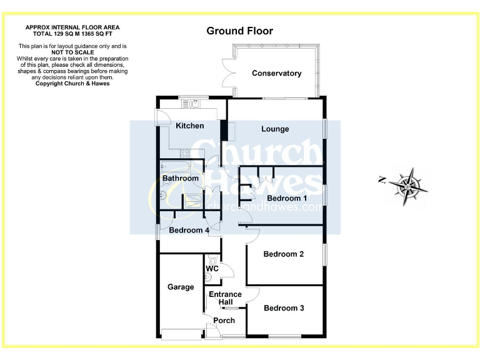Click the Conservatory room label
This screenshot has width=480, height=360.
point(276,74)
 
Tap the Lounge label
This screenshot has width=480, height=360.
point(275,129)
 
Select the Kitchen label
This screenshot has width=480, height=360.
point(189,126)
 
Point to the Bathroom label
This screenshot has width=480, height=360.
point(181,179)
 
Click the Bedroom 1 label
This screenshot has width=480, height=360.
point(287,199)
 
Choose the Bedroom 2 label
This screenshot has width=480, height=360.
point(284,254)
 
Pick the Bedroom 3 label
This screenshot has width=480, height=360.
point(284,308)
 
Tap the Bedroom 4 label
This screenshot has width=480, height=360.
point(189,230)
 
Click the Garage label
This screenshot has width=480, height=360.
point(181,287)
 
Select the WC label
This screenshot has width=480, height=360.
point(212,269)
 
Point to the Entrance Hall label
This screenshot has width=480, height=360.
point(225,299)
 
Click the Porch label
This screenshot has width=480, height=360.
point(224,321)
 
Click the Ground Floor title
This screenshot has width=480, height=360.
point(240,31)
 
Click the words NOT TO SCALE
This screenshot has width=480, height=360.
point(72,52)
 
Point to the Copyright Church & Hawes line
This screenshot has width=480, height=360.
point(72,83)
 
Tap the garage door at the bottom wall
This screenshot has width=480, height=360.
point(179,334)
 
